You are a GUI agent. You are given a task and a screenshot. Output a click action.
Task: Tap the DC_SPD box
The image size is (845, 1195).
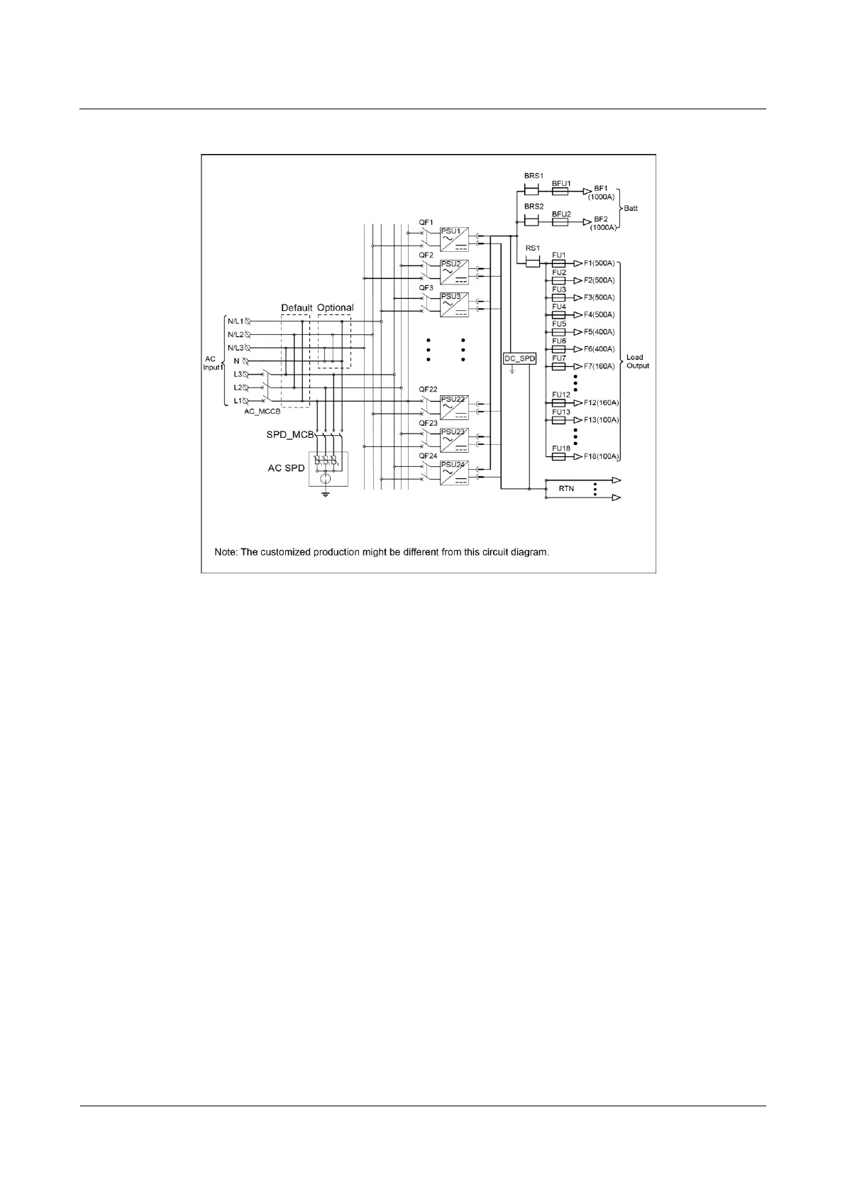519,359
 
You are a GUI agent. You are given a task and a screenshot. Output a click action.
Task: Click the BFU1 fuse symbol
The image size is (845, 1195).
560,192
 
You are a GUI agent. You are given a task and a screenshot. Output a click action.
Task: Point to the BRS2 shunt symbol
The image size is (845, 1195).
532,222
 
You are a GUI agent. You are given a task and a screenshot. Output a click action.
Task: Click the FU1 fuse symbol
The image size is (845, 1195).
558,263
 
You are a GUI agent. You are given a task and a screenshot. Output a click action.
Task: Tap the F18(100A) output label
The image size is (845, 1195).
601,456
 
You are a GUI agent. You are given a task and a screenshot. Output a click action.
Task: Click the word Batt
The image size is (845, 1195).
630,209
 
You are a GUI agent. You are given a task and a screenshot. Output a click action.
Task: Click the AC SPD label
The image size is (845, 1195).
286,468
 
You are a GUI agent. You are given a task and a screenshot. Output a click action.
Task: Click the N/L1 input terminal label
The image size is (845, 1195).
235,321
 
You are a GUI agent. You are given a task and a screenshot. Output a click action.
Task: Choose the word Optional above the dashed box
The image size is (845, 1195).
335,308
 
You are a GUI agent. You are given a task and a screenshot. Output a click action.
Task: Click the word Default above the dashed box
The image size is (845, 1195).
297,308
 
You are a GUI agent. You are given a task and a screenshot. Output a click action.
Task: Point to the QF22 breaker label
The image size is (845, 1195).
428,390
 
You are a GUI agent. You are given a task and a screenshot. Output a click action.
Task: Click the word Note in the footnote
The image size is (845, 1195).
226,552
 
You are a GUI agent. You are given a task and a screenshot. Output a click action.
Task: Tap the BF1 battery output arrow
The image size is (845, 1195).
587,192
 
